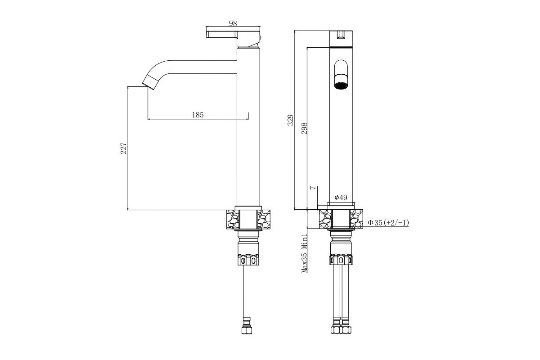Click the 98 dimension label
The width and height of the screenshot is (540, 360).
[233, 23]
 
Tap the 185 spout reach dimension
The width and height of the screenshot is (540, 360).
[198, 115]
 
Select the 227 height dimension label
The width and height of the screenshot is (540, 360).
[123, 148]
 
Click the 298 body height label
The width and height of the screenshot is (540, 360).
[304, 128]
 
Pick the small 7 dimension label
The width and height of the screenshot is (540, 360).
[313, 188]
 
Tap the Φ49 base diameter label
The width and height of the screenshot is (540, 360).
[341, 198]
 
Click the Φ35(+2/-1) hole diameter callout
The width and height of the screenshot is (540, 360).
[388, 223]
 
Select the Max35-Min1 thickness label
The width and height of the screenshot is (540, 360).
[305, 253]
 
